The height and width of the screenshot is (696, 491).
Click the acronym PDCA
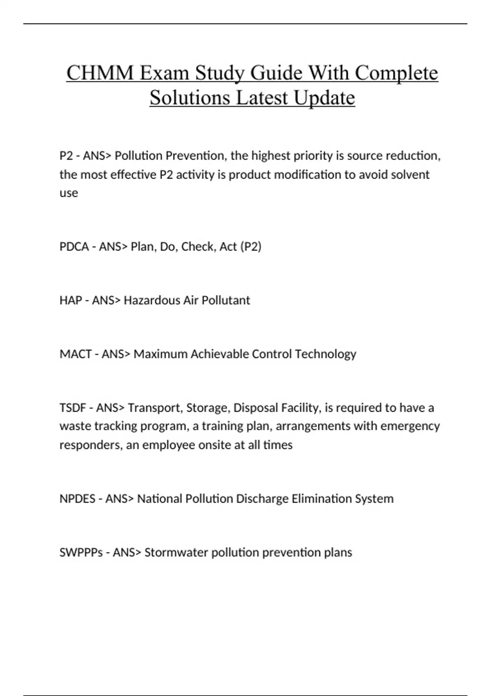(74, 246)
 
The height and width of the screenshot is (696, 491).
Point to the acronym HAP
(70, 300)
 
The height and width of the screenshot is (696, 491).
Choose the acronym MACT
(75, 354)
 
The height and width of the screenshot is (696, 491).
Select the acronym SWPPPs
(81, 552)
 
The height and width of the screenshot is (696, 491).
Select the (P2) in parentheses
(251, 246)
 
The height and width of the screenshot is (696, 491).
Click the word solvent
(410, 174)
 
